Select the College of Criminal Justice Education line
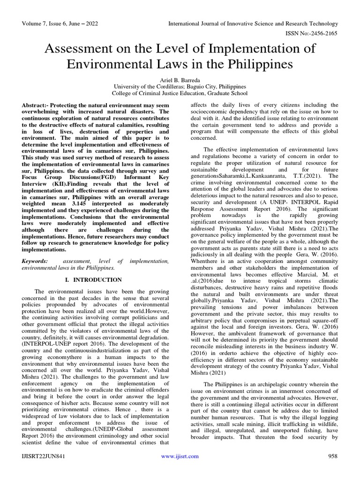click(180, 94)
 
